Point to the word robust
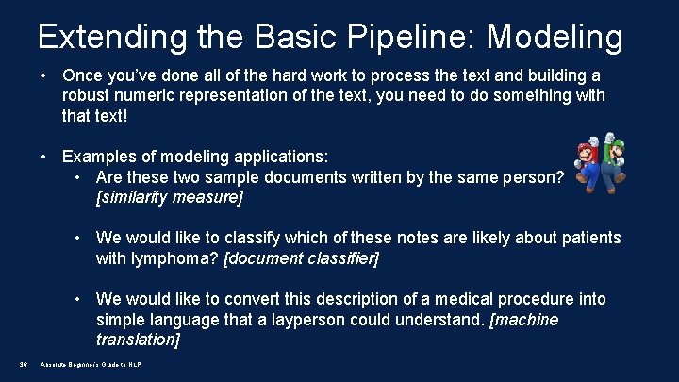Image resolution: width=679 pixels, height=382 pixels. click(x=86, y=95)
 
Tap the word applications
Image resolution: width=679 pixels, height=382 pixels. click(x=251, y=155)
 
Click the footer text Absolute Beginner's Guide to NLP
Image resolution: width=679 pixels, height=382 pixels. click(x=91, y=365)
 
